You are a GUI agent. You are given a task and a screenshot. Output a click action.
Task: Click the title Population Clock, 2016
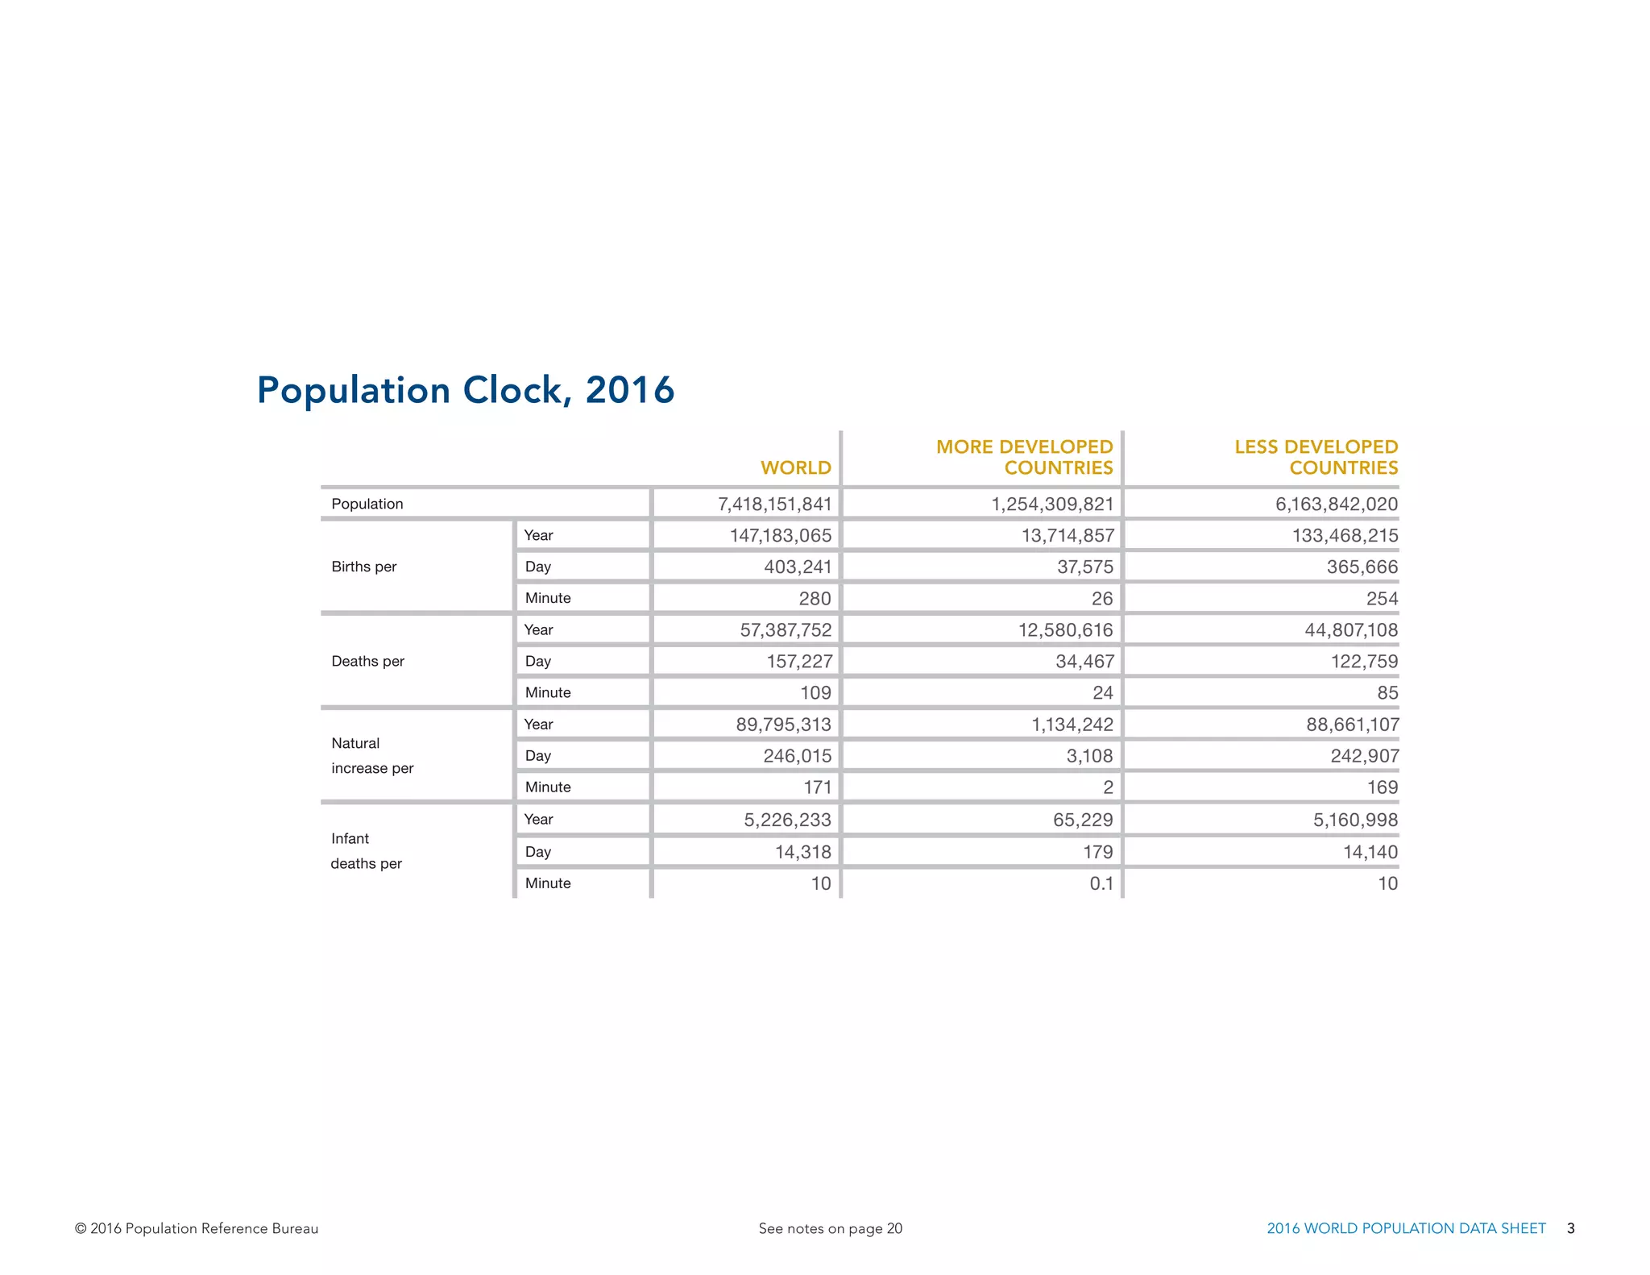pos(465,390)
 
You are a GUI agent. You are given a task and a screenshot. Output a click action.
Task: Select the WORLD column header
pos(795,467)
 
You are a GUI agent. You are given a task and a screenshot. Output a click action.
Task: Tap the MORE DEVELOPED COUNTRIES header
pos(1024,457)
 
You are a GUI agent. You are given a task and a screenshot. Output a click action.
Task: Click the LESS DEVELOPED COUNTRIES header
pos(1316,457)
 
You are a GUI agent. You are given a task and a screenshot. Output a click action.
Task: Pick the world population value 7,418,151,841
pos(774,505)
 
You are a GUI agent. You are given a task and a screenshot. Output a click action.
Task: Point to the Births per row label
pos(364,567)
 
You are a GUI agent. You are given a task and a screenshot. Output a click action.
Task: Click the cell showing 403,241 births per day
pos(797,567)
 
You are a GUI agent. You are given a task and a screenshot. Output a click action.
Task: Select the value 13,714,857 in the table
pos(1067,536)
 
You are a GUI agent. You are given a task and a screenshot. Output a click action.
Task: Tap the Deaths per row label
pos(367,661)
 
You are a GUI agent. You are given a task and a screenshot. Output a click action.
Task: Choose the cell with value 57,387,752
pos(785,630)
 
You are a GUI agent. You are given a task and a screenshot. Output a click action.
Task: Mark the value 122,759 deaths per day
pos(1363,662)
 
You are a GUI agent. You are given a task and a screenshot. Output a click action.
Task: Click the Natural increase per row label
pos(371,755)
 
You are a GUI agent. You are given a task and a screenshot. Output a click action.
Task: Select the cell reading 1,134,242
pos(1072,725)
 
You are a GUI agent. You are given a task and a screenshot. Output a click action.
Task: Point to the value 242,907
pos(1364,756)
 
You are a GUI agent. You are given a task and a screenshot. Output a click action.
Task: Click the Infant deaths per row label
pos(366,850)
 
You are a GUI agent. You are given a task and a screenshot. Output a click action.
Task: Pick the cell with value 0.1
pos(1101,883)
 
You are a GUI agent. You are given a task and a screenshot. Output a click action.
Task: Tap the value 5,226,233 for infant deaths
pos(787,820)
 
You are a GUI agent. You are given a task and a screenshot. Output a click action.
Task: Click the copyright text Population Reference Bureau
pos(197,1228)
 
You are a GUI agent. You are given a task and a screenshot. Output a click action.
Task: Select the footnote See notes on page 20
pos(830,1228)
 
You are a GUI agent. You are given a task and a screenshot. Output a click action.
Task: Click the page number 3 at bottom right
pos(1570,1228)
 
